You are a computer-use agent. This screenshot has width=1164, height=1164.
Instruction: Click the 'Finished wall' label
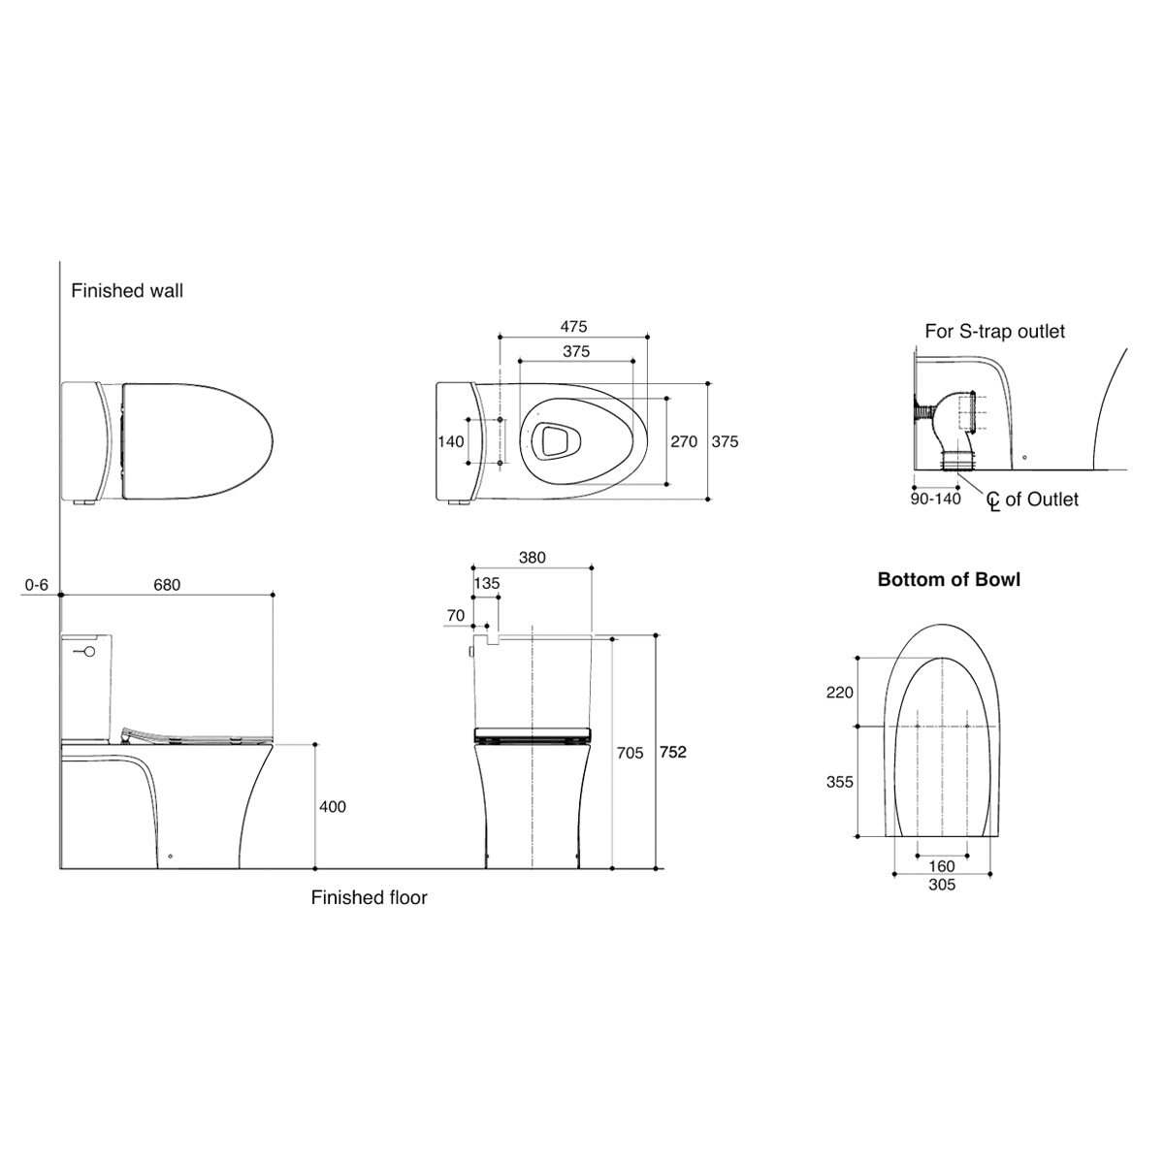pyautogui.click(x=127, y=290)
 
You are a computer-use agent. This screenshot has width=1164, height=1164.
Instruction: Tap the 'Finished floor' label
pyautogui.click(x=369, y=897)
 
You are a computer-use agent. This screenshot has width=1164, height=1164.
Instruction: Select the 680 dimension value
pyautogui.click(x=167, y=585)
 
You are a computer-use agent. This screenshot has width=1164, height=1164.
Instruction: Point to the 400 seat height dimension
pyautogui.click(x=332, y=806)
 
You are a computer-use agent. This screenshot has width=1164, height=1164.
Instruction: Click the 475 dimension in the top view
pyautogui.click(x=572, y=327)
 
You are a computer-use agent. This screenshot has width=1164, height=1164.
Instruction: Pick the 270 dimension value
pyautogui.click(x=684, y=441)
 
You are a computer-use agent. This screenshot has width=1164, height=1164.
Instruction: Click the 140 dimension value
pyautogui.click(x=450, y=441)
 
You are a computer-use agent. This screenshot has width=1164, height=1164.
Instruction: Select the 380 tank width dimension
pyautogui.click(x=532, y=558)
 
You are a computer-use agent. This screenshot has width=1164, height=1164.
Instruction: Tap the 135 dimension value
pyautogui.click(x=487, y=584)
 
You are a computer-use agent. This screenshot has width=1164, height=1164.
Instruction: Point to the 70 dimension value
pyautogui.click(x=456, y=615)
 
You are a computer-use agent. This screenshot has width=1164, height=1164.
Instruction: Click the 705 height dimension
pyautogui.click(x=630, y=753)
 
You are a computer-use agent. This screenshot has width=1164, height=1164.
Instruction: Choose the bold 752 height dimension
pyautogui.click(x=673, y=752)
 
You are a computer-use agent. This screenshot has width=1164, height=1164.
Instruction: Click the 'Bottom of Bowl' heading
pyautogui.click(x=949, y=579)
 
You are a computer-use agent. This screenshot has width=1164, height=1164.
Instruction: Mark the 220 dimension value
pyautogui.click(x=839, y=692)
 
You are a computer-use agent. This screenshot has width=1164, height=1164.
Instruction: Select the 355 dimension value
pyautogui.click(x=839, y=781)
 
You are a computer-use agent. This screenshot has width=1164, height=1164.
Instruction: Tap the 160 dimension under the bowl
pyautogui.click(x=942, y=866)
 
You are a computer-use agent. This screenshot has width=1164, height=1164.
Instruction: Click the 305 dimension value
pyautogui.click(x=942, y=885)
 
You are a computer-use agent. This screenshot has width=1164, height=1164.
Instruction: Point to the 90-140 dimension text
pyautogui.click(x=936, y=499)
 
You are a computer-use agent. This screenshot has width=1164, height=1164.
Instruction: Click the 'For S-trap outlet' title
pyautogui.click(x=994, y=331)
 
